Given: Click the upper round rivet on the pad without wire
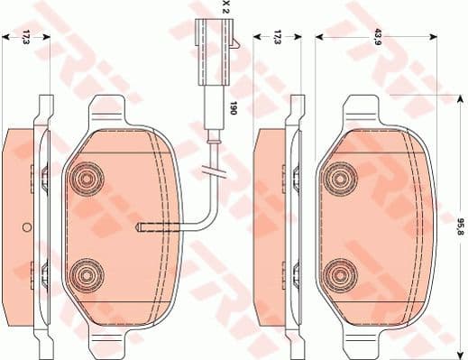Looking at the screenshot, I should (x=341, y=178).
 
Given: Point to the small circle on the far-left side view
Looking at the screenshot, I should (x=26, y=226).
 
